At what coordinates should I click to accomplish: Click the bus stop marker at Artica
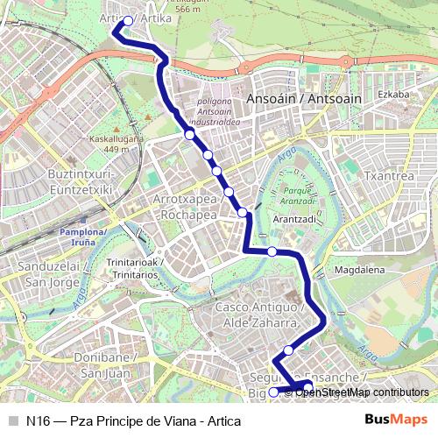(128, 21)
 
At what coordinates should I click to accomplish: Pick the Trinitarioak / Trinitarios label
(132, 269)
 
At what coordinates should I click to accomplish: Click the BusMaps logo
(393, 419)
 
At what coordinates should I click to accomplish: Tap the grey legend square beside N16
(12, 419)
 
